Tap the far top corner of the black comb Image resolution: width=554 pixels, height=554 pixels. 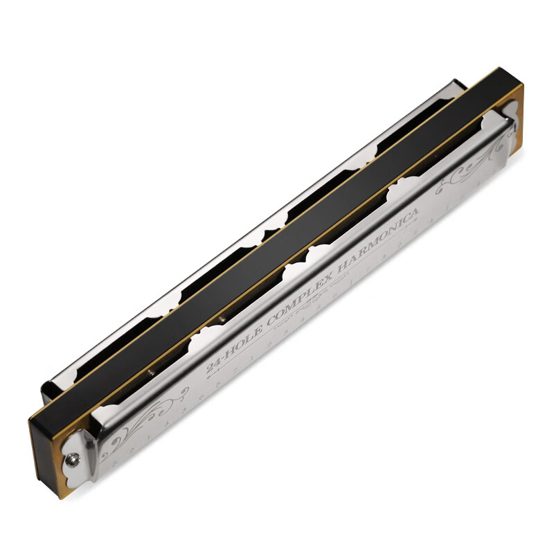click(x=502, y=69)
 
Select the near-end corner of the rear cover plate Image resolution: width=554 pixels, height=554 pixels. click(x=55, y=388)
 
